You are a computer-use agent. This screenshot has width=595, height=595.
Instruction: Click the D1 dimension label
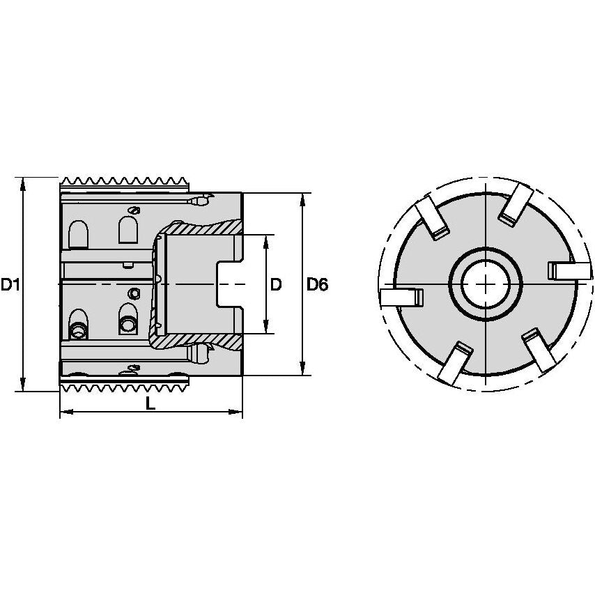10,284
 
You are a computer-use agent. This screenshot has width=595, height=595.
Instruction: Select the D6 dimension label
317,284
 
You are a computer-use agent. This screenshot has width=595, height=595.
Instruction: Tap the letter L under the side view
150,403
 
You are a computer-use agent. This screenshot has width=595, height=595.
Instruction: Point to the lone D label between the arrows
276,284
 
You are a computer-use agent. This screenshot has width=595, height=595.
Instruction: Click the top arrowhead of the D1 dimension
24,183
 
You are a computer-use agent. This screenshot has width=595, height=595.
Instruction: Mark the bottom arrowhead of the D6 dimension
302,370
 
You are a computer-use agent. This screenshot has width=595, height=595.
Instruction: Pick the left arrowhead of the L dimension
64,413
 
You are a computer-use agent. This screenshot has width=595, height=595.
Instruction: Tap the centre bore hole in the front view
485,284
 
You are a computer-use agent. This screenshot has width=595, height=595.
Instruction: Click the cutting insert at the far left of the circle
402,297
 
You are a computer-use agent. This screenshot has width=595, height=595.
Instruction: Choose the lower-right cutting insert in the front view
541,350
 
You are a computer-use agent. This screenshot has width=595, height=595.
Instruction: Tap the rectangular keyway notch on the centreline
231,284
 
